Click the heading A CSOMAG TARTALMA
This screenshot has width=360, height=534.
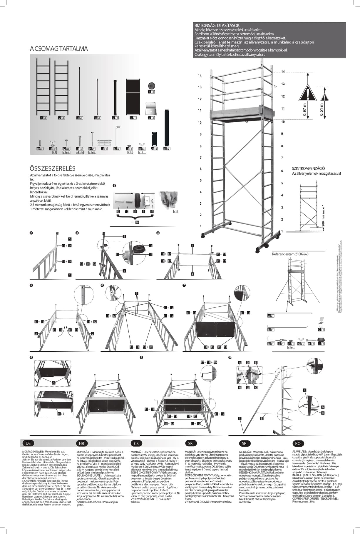[59, 49]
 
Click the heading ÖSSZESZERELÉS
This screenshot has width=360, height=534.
[52, 168]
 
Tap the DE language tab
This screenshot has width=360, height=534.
[28, 443]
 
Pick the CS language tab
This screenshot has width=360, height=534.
[136, 443]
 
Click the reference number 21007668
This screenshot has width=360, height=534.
[290, 254]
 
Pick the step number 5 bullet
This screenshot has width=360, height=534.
[31, 285]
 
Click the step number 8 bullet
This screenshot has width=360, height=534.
[31, 357]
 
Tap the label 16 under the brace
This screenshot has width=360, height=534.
[137, 222]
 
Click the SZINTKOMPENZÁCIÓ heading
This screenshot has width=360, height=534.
[308, 168]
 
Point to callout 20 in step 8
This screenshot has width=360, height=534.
[53, 383]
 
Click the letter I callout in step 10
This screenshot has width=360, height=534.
[240, 418]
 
